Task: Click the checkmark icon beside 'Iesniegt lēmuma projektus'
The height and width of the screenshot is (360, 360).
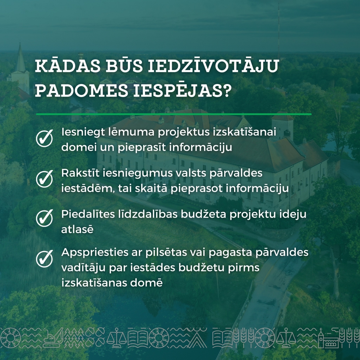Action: (44, 138)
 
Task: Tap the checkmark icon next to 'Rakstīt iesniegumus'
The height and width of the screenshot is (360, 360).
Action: (44, 179)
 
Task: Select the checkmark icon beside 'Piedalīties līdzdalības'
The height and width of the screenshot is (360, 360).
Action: (44, 218)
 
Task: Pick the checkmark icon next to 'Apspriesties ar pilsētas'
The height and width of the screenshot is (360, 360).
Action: (44, 259)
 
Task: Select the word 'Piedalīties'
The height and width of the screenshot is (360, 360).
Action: (88, 214)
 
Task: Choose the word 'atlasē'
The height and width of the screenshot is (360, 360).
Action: (77, 229)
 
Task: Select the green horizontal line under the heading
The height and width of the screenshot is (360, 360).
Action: (174, 114)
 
